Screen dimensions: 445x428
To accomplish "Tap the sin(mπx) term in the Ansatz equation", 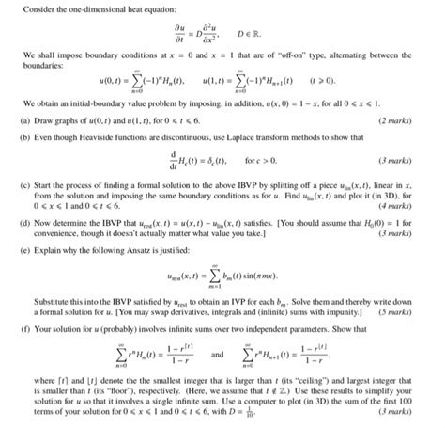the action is pos(267,299).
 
